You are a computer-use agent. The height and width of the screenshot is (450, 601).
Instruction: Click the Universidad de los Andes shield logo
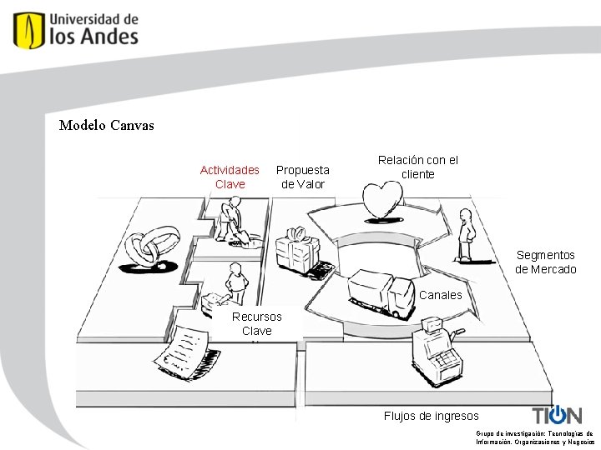[28, 29]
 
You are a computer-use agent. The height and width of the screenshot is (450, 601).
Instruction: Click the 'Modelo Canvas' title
[107, 126]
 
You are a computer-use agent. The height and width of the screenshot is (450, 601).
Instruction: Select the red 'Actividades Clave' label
[230, 177]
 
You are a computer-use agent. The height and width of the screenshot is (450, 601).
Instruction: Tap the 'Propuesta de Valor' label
[302, 177]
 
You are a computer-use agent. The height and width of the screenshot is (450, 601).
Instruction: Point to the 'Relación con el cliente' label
[418, 167]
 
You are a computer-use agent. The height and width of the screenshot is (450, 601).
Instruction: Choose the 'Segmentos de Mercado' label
[546, 262]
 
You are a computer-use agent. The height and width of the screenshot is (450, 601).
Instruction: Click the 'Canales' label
[440, 295]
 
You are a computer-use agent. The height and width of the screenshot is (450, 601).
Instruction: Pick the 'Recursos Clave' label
[257, 323]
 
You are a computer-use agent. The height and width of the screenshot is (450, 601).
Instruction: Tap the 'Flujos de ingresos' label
[431, 416]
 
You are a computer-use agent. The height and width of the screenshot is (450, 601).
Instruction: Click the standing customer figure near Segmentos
[465, 235]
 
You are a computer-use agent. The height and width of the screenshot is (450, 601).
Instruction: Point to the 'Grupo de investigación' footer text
[534, 437]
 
